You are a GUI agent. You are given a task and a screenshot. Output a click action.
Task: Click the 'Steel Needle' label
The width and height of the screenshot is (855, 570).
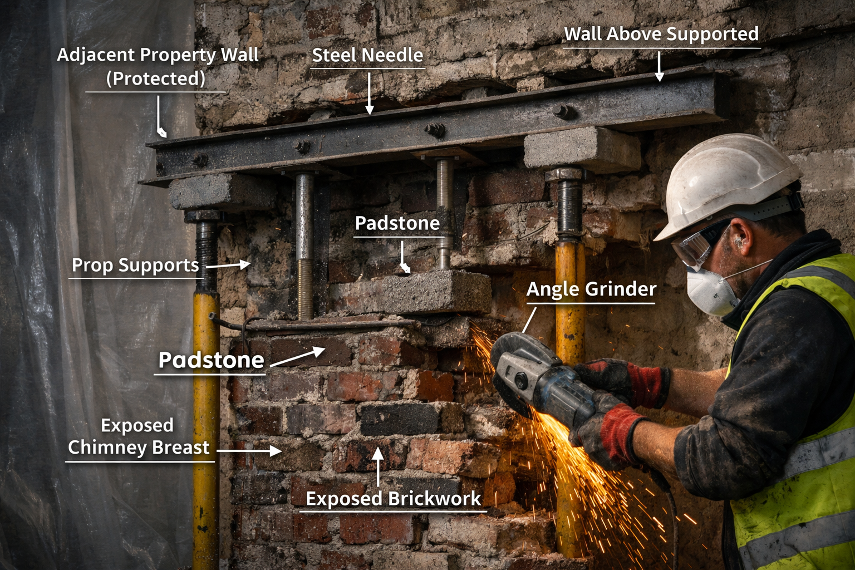tap(367, 55)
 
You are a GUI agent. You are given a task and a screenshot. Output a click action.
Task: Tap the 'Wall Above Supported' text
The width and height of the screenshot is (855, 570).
tap(661, 35)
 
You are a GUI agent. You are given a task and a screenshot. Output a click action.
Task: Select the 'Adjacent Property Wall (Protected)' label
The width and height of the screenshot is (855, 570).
tap(158, 66)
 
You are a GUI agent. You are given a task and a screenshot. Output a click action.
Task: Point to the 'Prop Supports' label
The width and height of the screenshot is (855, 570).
tap(135, 266)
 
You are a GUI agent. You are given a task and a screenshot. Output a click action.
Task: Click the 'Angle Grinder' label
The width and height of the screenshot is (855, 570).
tap(591, 289)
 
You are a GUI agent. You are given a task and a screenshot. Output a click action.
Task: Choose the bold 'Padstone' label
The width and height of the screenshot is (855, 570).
tap(211, 360)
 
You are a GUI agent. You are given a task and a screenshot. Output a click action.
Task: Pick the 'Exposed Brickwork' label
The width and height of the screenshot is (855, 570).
tap(393, 499)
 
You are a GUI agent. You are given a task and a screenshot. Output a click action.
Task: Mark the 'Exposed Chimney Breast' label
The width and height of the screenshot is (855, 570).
tap(138, 436)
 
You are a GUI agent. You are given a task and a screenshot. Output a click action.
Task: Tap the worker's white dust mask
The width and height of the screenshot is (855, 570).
tap(709, 289)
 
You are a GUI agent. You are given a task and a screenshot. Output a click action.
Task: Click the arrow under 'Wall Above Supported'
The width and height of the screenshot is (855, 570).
tap(660, 67)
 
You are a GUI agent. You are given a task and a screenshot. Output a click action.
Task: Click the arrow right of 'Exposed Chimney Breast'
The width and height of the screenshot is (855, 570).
tap(249, 450)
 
